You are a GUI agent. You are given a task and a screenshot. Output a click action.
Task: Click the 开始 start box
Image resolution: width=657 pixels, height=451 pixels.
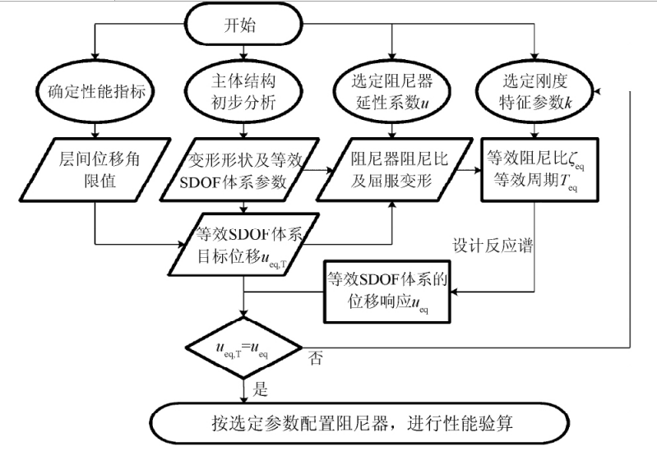tap(243, 25)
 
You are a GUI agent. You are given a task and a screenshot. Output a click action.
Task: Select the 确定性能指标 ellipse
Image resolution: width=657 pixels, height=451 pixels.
tap(95, 91)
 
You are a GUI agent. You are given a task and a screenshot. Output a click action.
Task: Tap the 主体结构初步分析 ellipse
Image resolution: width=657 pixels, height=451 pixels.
tap(243, 91)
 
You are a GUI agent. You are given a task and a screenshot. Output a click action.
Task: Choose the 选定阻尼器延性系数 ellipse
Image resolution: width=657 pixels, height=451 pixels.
tap(391, 91)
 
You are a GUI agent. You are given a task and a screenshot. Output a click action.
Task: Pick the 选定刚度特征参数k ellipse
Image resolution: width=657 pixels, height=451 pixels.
tap(535, 91)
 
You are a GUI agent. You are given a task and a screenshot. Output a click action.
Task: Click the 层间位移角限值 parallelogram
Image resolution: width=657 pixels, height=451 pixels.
tap(95, 169)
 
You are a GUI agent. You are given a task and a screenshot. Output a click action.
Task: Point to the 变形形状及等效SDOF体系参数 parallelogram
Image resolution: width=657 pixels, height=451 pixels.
tap(241, 169)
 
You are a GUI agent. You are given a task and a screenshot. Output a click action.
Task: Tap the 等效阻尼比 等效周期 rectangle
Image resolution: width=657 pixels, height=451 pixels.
tap(539, 169)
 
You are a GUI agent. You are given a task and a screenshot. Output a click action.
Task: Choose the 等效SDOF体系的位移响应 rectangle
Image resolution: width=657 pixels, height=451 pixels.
tap(387, 292)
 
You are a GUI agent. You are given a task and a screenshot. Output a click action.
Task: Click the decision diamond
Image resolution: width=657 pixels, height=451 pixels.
tap(244, 348)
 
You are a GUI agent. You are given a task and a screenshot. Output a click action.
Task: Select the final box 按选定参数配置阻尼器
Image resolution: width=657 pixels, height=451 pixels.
tap(359, 423)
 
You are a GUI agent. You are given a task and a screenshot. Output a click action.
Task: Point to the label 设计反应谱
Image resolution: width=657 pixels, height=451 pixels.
tap(493, 246)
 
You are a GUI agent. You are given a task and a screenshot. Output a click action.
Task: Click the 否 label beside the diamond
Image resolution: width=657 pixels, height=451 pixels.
tap(316, 358)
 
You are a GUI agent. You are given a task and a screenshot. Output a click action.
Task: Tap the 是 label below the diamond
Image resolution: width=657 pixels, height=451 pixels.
tap(260, 389)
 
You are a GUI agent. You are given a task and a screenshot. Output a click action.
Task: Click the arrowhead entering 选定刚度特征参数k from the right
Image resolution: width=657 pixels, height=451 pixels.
tap(598, 91)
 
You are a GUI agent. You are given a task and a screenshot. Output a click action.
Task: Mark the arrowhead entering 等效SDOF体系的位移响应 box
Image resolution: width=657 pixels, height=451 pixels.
tap(455, 292)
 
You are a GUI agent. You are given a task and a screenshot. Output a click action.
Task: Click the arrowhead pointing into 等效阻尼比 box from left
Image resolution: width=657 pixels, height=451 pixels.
tap(477, 170)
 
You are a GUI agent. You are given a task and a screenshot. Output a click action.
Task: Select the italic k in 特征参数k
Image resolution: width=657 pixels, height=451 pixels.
tap(568, 103)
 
